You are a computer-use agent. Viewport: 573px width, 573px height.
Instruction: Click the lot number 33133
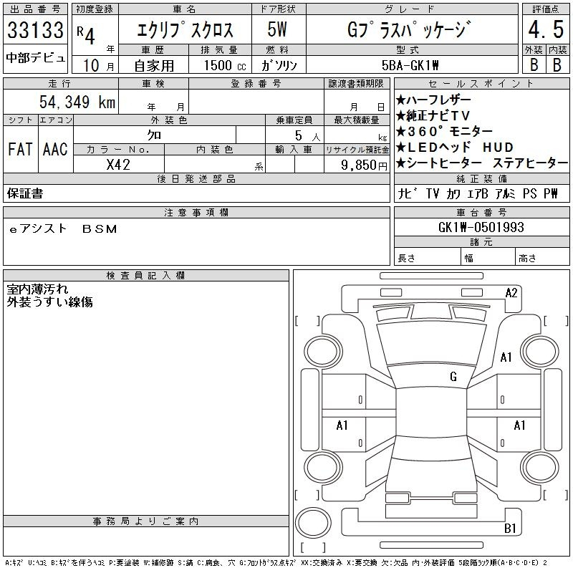(35, 30)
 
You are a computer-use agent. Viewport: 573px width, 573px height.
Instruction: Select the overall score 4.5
(546, 29)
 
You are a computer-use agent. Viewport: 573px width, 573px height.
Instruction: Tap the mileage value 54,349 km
(77, 102)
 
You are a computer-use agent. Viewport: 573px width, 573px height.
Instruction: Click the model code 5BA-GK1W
(410, 65)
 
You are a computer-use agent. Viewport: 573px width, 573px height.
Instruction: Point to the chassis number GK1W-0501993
(481, 227)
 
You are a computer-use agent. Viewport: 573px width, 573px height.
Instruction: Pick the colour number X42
(118, 165)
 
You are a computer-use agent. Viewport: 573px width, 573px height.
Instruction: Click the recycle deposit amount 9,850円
(364, 165)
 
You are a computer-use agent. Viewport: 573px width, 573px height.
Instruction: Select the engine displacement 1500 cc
(225, 65)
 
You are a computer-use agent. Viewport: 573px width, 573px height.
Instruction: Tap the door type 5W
(277, 29)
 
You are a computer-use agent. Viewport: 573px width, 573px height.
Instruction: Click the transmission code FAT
(20, 149)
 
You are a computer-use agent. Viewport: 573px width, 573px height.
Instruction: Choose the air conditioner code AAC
(55, 149)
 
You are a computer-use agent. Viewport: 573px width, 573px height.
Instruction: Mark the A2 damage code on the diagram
(511, 293)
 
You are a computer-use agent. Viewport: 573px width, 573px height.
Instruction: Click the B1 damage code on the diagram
(510, 528)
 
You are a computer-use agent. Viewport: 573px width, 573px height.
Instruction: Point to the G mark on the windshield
(453, 376)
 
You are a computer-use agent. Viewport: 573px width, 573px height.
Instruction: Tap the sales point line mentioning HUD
(455, 148)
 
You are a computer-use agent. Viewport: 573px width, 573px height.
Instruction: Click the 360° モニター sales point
(444, 131)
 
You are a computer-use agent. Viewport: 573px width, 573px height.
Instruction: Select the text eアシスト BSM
(63, 228)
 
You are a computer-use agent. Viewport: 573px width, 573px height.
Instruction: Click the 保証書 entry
(25, 193)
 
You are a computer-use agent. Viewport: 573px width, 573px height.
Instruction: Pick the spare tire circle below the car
(313, 523)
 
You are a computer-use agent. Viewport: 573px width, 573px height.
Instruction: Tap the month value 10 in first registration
(92, 65)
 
